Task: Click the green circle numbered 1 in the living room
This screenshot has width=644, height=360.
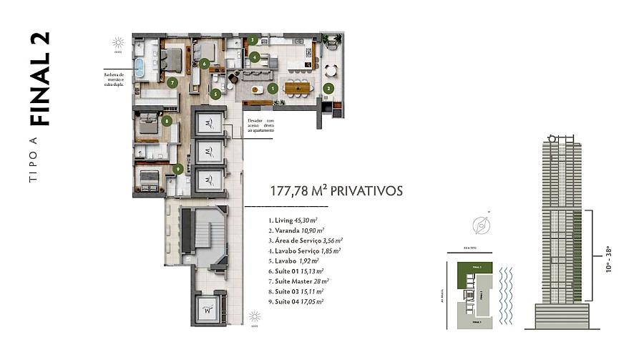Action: [273, 89]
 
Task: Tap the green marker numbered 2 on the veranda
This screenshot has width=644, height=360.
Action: [328, 89]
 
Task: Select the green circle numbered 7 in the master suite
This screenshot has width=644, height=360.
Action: [172, 82]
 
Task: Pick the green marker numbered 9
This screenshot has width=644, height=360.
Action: [177, 169]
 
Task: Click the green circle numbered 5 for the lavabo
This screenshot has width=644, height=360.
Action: [215, 93]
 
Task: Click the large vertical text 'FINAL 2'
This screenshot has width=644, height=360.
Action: [43, 79]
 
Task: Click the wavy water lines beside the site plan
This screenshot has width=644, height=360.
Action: [506, 293]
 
